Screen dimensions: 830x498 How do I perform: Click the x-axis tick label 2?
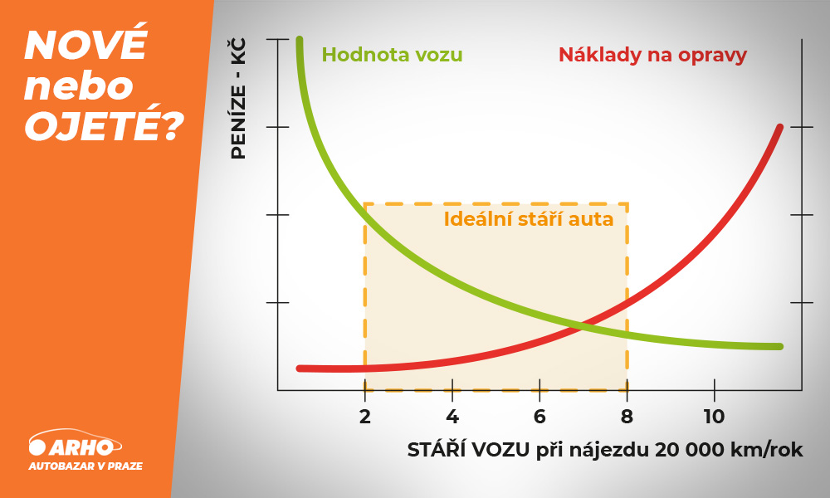tap(364, 417)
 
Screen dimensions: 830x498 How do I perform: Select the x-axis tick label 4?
tap(452, 417)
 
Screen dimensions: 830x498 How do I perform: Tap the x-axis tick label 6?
tap(539, 417)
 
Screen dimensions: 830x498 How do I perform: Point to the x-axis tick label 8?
tap(627, 417)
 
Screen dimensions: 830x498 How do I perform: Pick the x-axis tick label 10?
tap(714, 417)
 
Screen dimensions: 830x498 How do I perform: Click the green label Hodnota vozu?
tap(393, 55)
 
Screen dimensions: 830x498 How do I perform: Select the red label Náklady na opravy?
tap(652, 56)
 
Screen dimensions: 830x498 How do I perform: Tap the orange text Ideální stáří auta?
tap(528, 219)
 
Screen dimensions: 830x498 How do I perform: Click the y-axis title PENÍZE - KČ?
tap(239, 99)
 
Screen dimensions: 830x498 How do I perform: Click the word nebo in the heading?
tap(79, 87)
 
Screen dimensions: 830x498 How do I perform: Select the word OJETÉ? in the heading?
tap(105, 125)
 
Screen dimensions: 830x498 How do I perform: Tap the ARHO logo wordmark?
tap(81, 447)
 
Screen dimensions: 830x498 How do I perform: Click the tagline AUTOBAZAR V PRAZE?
tap(85, 466)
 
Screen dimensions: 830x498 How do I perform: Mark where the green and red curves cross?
tap(580, 326)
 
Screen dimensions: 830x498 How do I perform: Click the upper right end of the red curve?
tap(780, 127)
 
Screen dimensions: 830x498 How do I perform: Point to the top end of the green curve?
tap(299, 40)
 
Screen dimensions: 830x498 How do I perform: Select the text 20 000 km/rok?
tap(729, 450)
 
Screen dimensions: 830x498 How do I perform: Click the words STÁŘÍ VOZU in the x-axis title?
tap(468, 449)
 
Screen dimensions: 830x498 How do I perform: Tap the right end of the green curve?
tap(779, 347)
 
